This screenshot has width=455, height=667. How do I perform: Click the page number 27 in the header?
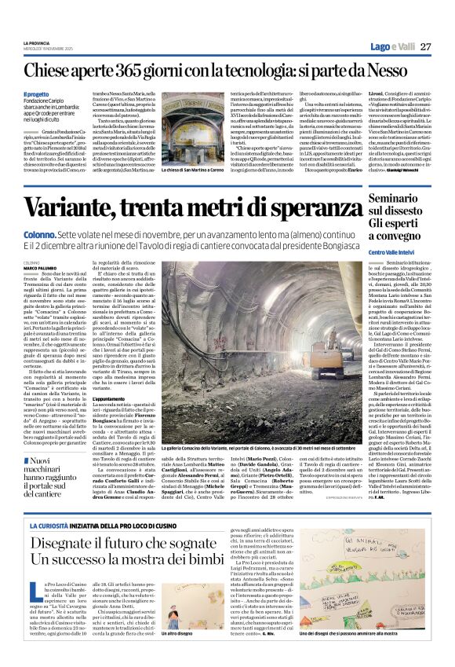(426, 47)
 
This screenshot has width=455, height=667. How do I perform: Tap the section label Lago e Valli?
(392, 47)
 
